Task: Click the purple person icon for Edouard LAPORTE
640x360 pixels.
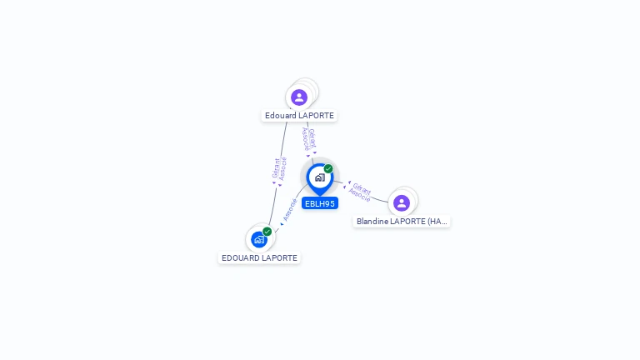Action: (299, 97)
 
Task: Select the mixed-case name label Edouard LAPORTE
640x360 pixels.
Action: (299, 116)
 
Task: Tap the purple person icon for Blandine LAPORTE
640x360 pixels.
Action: (402, 203)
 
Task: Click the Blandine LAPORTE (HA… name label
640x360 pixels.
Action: (402, 222)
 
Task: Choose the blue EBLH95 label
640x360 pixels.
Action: (320, 203)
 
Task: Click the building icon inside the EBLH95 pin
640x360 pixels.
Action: (319, 177)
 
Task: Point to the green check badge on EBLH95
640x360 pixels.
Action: (328, 168)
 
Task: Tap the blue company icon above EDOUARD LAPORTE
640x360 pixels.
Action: (259, 240)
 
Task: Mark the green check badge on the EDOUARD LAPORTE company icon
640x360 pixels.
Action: (267, 231)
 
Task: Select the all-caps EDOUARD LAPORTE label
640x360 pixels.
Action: (259, 258)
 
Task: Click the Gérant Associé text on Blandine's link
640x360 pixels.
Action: (360, 192)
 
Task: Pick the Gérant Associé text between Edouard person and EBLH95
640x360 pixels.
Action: (309, 140)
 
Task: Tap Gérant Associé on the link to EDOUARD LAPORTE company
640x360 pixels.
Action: (279, 169)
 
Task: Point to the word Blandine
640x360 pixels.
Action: (373, 222)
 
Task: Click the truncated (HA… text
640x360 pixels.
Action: (437, 222)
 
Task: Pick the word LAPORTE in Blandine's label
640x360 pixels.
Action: (409, 222)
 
